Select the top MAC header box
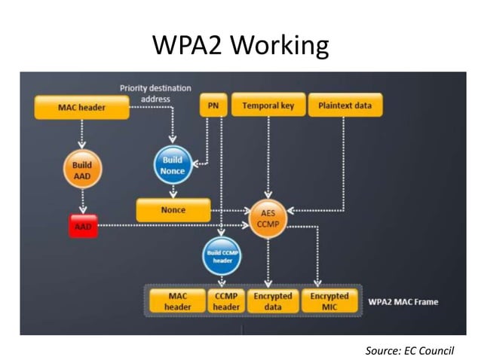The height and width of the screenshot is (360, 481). point(81,108)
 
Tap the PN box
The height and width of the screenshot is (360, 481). point(213,106)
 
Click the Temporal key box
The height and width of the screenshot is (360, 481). point(268,106)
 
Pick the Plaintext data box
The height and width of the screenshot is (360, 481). point(345,106)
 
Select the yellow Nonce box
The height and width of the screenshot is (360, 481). point(173,210)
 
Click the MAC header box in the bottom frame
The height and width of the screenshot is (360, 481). point(178,301)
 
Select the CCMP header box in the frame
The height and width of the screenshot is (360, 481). point(227,301)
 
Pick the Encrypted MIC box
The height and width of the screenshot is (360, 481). point(329,301)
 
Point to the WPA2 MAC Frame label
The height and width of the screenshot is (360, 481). point(403,302)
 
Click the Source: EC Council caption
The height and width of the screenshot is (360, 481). point(410,349)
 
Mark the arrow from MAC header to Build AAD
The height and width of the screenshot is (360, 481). point(81,136)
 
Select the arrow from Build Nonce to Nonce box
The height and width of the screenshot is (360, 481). point(173,191)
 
